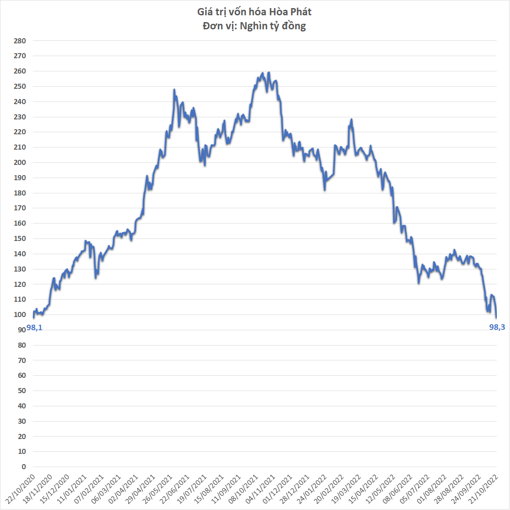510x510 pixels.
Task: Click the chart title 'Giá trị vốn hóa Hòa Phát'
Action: (x=255, y=11)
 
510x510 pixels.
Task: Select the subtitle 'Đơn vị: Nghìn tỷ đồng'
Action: (x=255, y=26)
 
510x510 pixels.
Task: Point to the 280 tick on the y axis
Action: (x=20, y=41)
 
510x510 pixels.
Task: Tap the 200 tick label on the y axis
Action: (x=20, y=162)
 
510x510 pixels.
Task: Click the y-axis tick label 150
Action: (x=20, y=238)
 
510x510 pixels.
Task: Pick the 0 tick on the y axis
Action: (x=24, y=467)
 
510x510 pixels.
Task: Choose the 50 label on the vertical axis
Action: (x=22, y=391)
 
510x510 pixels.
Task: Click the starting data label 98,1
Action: (x=34, y=328)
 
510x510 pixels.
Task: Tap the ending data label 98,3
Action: (x=497, y=327)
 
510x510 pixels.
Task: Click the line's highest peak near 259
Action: (x=269, y=73)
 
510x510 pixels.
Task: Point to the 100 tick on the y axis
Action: (x=20, y=314)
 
